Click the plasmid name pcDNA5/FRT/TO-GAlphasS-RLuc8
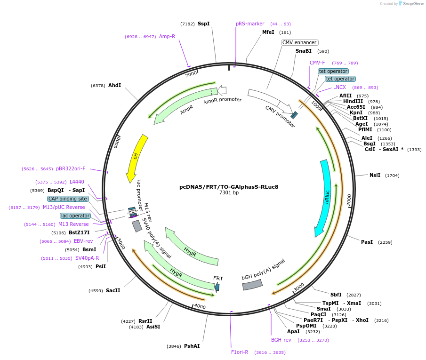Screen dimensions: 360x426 (229, 187)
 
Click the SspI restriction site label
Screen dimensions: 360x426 (203, 24)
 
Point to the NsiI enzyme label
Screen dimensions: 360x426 (375, 175)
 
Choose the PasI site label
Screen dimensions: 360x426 (367, 242)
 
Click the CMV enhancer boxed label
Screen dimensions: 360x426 (299, 42)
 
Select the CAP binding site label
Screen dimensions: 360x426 (68, 199)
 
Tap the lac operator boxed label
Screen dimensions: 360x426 (75, 216)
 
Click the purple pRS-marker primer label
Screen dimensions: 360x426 (250, 24)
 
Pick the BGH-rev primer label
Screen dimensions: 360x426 (281, 340)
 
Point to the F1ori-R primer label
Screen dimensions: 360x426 (240, 352)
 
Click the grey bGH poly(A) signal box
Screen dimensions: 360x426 (252, 284)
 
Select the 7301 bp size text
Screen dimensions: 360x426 (229, 193)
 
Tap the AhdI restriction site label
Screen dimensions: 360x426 (114, 85)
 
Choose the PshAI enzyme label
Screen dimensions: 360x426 (192, 346)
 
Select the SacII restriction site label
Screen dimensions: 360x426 (113, 290)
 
